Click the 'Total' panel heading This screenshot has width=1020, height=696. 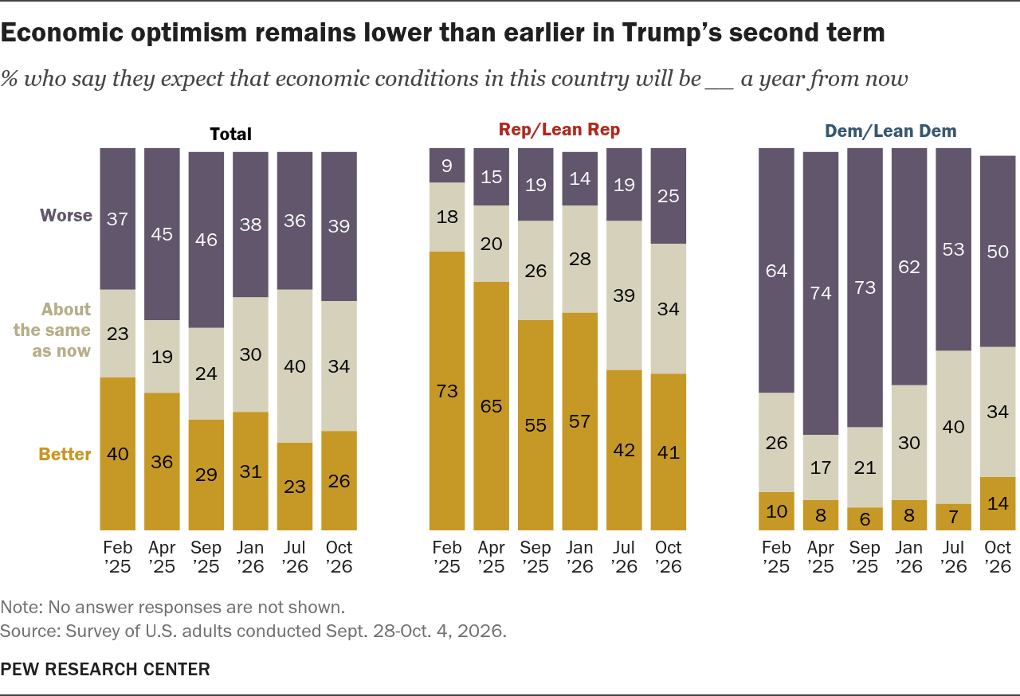tap(230, 135)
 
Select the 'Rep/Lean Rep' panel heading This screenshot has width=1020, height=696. tap(559, 130)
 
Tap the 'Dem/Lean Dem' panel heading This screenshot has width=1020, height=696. tap(891, 131)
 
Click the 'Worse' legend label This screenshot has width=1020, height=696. tap(66, 215)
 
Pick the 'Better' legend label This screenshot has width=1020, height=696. tap(65, 454)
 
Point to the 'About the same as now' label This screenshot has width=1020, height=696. tap(52, 330)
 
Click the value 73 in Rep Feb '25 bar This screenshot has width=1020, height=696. tap(447, 391)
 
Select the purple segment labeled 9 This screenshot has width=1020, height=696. tap(447, 165)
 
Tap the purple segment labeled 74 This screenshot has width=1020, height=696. tap(821, 293)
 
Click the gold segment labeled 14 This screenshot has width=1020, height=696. tap(998, 503)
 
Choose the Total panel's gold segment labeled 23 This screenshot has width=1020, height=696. tap(295, 487)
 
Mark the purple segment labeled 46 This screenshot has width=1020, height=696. tap(206, 240)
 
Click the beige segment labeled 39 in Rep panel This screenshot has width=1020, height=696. tap(624, 295)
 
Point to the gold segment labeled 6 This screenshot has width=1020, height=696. tap(865, 518)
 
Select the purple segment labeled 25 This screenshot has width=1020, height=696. tap(668, 196)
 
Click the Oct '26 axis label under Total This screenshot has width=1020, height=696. tap(339, 557)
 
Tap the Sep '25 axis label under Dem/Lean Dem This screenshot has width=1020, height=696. tap(865, 557)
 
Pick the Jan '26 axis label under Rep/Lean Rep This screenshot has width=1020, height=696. tap(579, 557)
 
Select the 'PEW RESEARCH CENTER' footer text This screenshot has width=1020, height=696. tap(105, 669)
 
